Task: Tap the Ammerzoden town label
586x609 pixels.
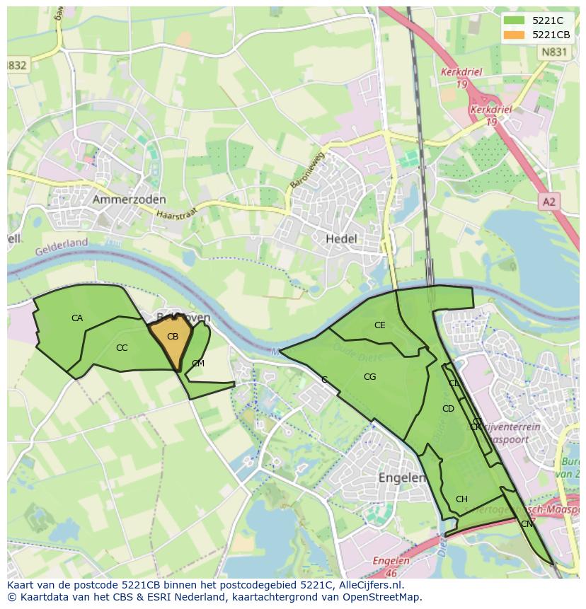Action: click(x=129, y=200)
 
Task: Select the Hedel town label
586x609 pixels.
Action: click(x=341, y=239)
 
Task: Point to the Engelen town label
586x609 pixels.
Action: click(x=402, y=477)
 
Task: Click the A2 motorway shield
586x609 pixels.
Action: click(x=548, y=202)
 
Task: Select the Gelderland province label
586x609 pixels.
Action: click(x=62, y=244)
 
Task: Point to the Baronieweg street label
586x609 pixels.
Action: click(x=306, y=170)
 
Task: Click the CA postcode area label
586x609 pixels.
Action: click(x=77, y=318)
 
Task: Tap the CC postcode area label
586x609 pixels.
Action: click(x=122, y=347)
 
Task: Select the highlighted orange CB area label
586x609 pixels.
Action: click(x=173, y=337)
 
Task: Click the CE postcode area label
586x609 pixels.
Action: click(x=380, y=325)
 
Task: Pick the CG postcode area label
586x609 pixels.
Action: click(x=369, y=377)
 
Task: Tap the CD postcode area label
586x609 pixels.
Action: click(x=448, y=409)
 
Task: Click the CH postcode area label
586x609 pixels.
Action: click(x=461, y=499)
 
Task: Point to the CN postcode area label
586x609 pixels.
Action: click(x=527, y=524)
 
